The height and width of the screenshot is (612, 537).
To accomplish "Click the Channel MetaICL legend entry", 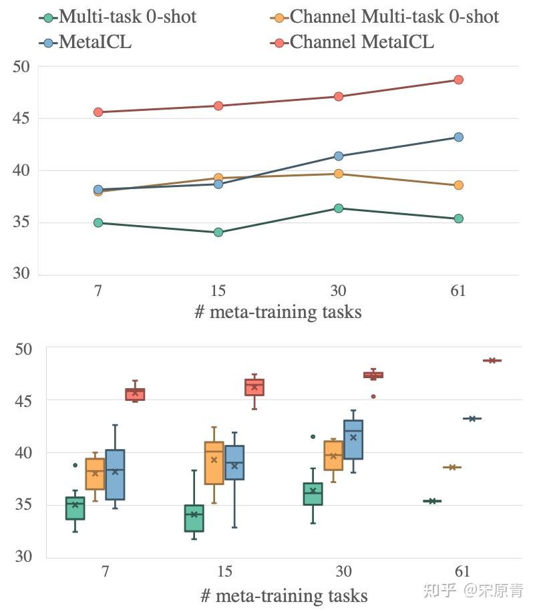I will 354,42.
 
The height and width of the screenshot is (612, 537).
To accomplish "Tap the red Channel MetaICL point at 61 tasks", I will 458,80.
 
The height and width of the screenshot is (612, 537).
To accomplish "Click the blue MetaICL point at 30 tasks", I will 338,156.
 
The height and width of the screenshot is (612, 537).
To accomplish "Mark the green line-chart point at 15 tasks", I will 218,233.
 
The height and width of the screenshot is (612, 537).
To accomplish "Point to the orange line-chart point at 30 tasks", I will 338,174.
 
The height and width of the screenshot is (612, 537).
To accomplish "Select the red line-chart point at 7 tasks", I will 98,112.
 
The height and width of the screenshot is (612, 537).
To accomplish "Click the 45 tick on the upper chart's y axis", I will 22,119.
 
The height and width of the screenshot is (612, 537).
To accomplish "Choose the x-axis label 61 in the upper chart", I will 458,291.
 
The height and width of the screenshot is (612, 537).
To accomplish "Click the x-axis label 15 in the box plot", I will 225,572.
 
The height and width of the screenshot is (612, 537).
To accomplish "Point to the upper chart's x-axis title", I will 278,312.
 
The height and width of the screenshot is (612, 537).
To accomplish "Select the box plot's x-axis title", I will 283,595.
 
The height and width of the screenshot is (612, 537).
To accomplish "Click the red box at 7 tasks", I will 136,394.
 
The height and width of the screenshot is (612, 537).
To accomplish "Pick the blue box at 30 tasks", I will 353,440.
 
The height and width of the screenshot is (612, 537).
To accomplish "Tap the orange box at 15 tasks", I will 214,462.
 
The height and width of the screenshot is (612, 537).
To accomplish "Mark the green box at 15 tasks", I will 194,518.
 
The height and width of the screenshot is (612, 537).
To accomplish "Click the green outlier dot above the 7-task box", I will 75,465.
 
